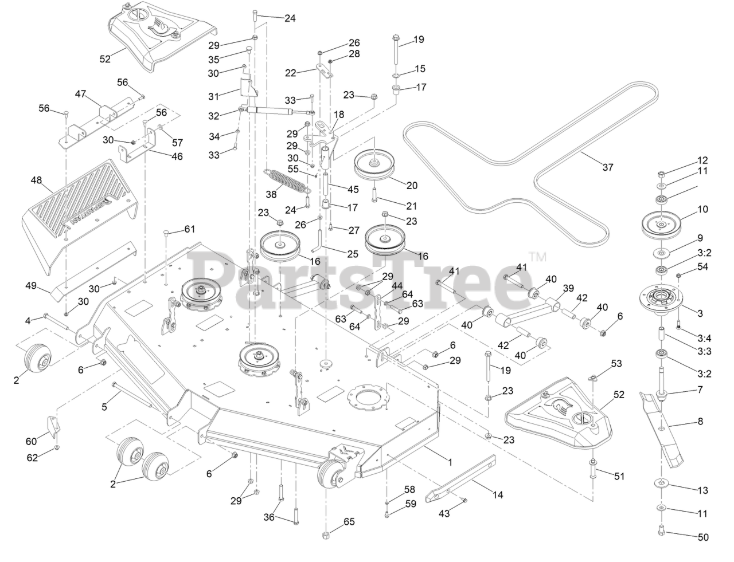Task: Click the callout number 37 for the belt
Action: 608,167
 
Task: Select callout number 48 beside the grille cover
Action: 36,180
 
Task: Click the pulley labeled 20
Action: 375,161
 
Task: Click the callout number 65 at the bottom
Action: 349,522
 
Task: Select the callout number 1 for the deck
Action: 450,461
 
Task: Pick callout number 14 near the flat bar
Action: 498,494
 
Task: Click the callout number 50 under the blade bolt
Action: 703,537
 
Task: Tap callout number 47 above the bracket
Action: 80,92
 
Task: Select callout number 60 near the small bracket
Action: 30,441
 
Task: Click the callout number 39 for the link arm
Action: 568,288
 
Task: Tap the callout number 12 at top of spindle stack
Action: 703,160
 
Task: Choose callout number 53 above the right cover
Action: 616,363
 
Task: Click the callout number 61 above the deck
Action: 190,229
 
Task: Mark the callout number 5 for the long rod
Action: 104,407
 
